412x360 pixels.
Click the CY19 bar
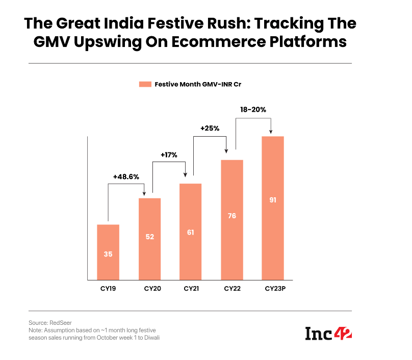coord(108,252)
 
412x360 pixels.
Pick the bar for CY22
coord(231,219)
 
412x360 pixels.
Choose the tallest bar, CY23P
coord(272,208)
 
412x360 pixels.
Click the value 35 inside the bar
coord(108,254)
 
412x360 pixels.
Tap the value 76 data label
coord(231,216)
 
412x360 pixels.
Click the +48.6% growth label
coord(125,177)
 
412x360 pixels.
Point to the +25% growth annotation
coord(210,128)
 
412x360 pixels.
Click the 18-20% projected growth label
coord(253,109)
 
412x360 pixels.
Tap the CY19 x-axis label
coord(108,289)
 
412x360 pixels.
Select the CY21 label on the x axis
coord(191,289)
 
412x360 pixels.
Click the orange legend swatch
coord(145,85)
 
